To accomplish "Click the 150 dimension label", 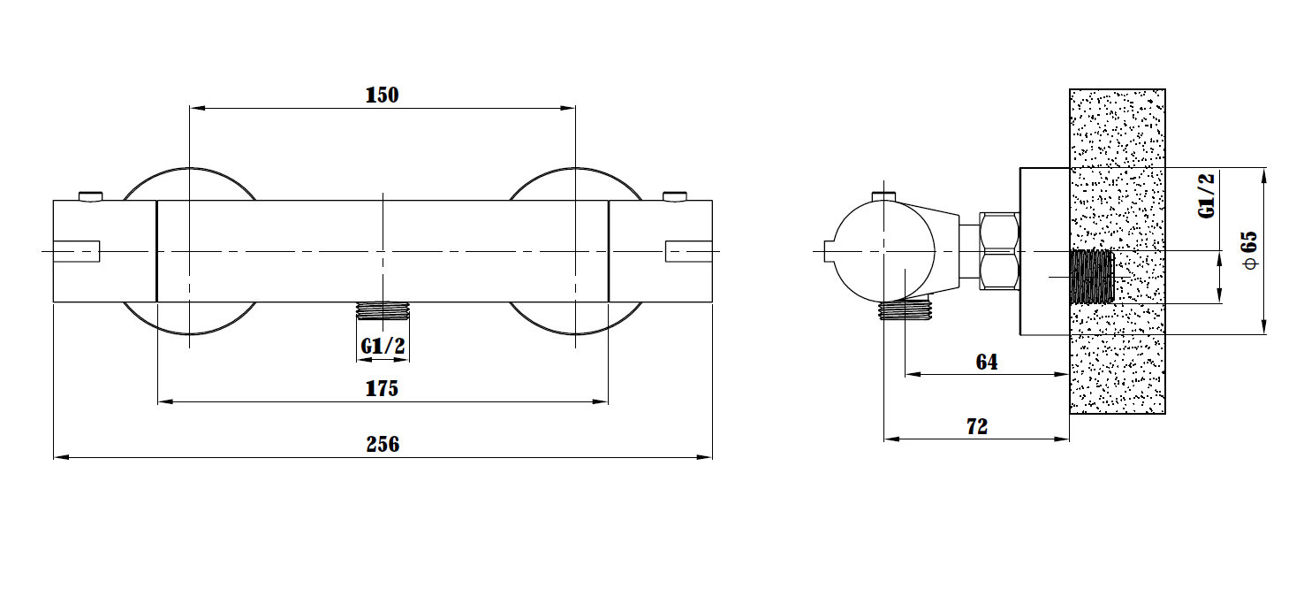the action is point(382,95).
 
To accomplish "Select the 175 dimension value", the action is point(382,388).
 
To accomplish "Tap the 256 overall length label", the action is point(383,444).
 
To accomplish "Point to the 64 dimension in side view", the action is point(987,362).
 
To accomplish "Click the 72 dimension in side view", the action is point(977,427).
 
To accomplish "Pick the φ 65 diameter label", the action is point(1250,250).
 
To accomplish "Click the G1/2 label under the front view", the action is point(383,346).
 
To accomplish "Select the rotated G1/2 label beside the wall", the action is point(1206,195).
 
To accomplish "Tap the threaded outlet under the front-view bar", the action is point(383,311).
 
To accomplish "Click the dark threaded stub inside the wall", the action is point(1092,277).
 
